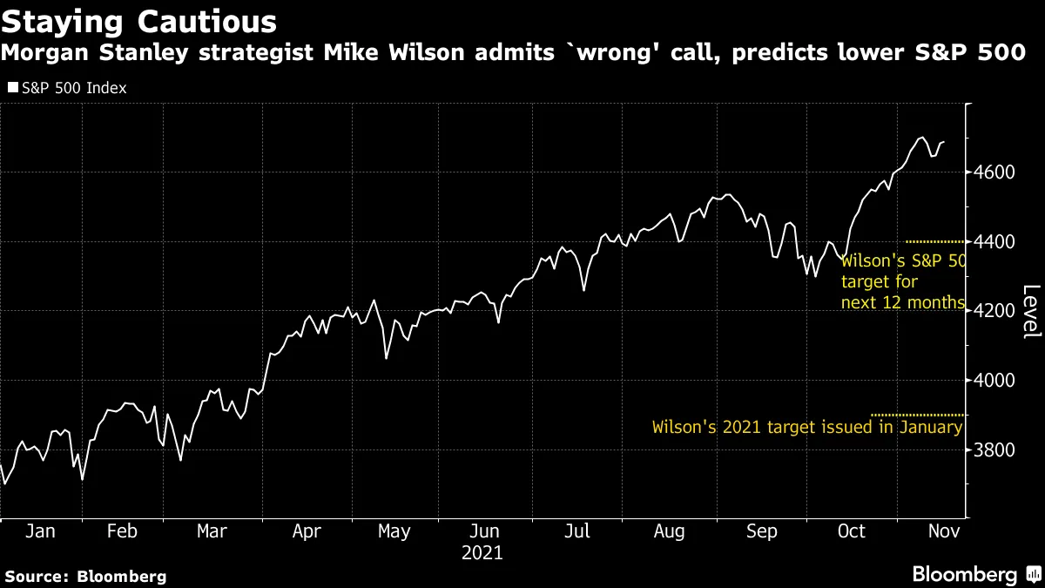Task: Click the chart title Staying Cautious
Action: pyautogui.click(x=139, y=21)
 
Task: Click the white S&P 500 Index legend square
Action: pyautogui.click(x=11, y=88)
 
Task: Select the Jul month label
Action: pyautogui.click(x=578, y=531)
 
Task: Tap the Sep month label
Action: pyautogui.click(x=762, y=531)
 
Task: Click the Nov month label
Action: pyautogui.click(x=942, y=531)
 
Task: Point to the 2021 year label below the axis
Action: pyautogui.click(x=482, y=552)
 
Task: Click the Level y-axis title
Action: pyautogui.click(x=1030, y=311)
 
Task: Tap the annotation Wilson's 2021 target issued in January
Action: pyautogui.click(x=807, y=428)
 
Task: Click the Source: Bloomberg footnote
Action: pyautogui.click(x=85, y=576)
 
